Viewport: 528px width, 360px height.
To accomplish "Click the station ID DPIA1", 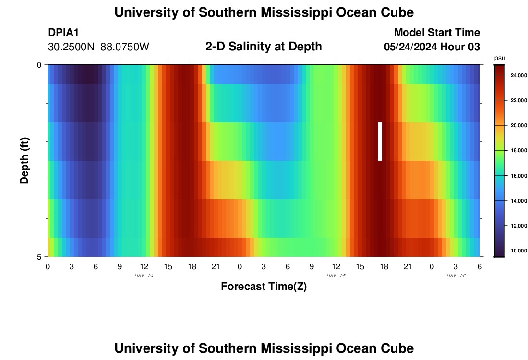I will click(x=63, y=33).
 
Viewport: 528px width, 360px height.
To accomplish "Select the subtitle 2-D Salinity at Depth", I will click(x=264, y=47).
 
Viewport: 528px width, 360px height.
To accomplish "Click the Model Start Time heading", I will click(x=437, y=33).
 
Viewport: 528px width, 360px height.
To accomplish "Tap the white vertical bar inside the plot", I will click(x=380, y=142).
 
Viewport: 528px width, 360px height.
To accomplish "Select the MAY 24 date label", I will click(x=144, y=276).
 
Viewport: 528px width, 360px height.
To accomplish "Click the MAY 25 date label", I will click(x=336, y=276).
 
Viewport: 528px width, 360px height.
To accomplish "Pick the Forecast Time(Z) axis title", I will click(x=264, y=287).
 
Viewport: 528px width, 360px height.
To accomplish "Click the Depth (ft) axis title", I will click(x=24, y=161).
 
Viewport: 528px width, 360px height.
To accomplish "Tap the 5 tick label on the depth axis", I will click(x=39, y=257).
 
